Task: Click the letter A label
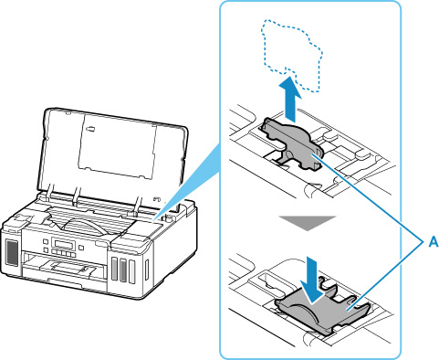click(x=434, y=242)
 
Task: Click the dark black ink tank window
click(x=13, y=252)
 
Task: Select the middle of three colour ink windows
click(x=123, y=270)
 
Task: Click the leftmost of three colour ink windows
click(x=115, y=269)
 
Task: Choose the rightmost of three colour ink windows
click(x=131, y=271)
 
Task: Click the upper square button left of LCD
click(x=46, y=241)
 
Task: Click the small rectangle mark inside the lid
click(x=90, y=129)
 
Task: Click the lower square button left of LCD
click(x=46, y=249)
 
